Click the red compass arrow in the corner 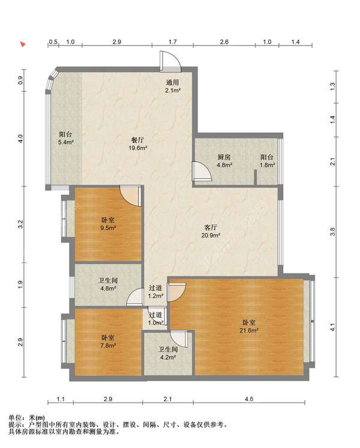pos(23,44)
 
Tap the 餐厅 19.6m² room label pos(138,144)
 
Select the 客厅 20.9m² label pos(211,231)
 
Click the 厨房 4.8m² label pos(224,161)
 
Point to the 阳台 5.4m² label pos(66,138)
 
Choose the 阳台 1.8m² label pos(267,161)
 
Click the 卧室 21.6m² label pos(249,326)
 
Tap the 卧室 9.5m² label pos(108,224)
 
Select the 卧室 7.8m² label pos(108,341)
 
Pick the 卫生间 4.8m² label pos(108,284)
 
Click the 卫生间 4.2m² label pos(168,353)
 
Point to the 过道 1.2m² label pos(155,291)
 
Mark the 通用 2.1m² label pos(173,86)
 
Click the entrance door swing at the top pos(170,61)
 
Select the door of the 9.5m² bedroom pos(131,196)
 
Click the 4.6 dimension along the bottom pos(249,399)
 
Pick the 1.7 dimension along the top pos(173,42)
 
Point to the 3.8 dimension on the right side pos(332,231)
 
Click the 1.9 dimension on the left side pos(20,285)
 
